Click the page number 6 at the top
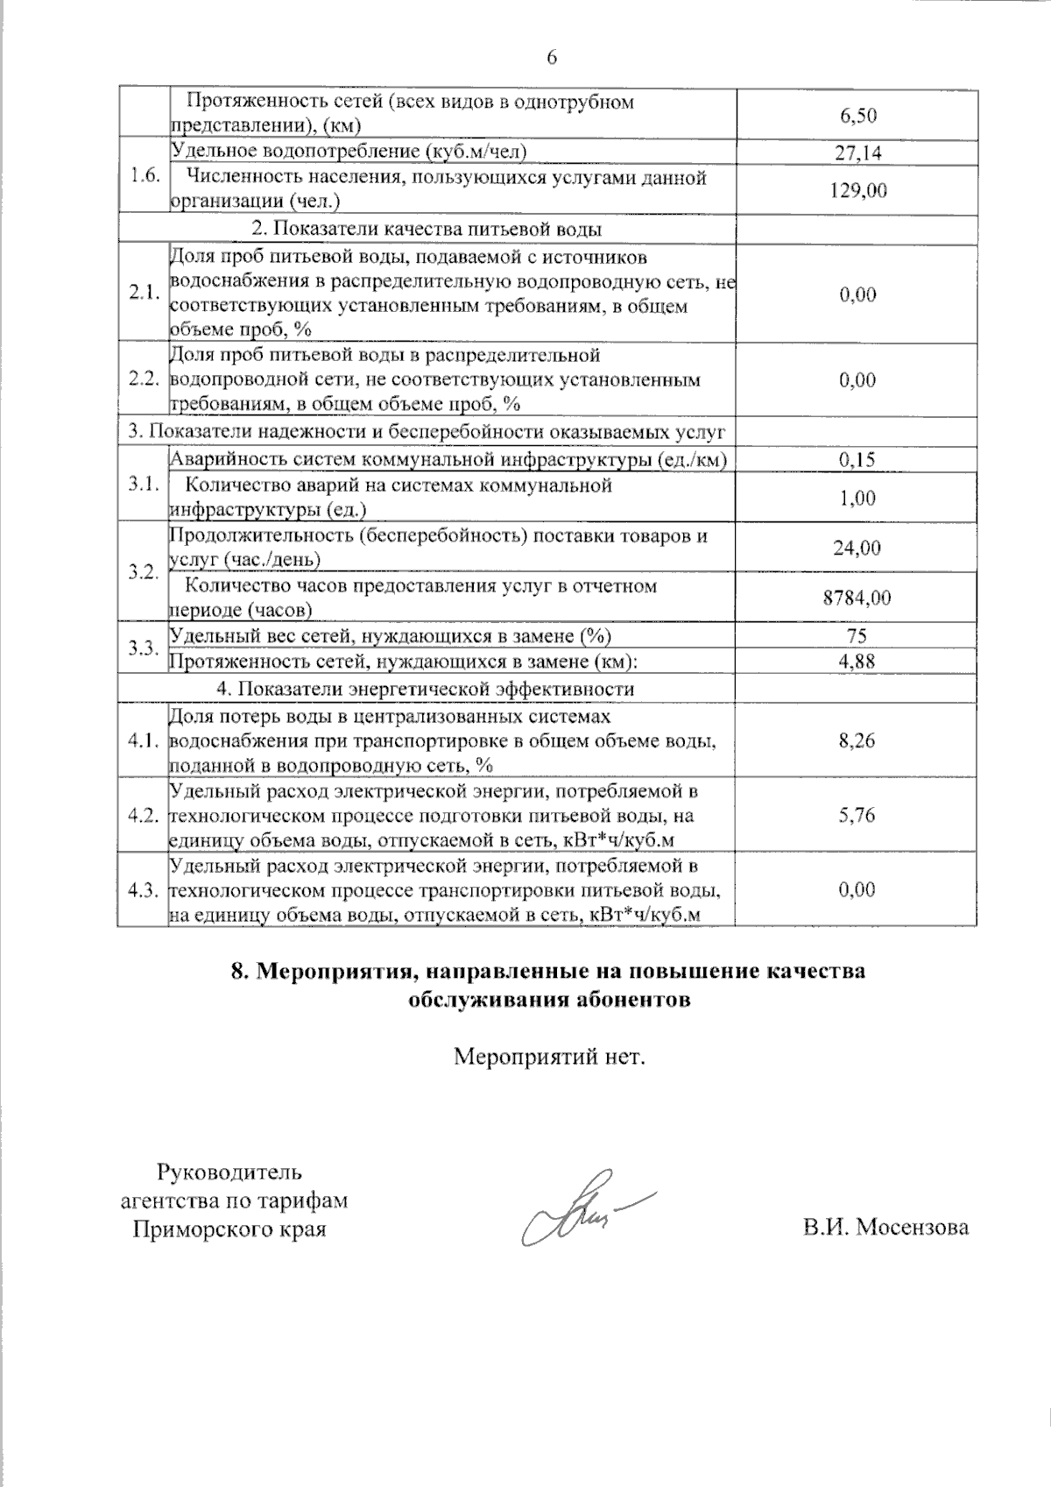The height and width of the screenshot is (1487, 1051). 552,58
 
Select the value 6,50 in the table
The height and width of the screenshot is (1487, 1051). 857,116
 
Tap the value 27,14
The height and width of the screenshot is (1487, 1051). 857,152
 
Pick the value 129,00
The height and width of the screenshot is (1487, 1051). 857,190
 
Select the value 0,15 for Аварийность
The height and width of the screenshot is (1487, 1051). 857,459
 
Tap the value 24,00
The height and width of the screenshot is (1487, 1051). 857,548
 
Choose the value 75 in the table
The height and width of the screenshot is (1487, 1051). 857,636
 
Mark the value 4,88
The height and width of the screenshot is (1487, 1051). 857,662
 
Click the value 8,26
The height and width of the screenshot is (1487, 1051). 857,740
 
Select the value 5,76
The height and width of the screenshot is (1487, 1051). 857,815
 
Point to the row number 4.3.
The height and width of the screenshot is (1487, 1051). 143,890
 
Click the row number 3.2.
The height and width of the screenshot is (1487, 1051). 143,572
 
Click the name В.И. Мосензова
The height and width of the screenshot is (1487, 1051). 886,1228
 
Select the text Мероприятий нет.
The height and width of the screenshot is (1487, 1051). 549,1057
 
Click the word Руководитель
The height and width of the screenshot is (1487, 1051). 229,1172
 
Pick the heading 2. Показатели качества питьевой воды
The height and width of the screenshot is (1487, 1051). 427,230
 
